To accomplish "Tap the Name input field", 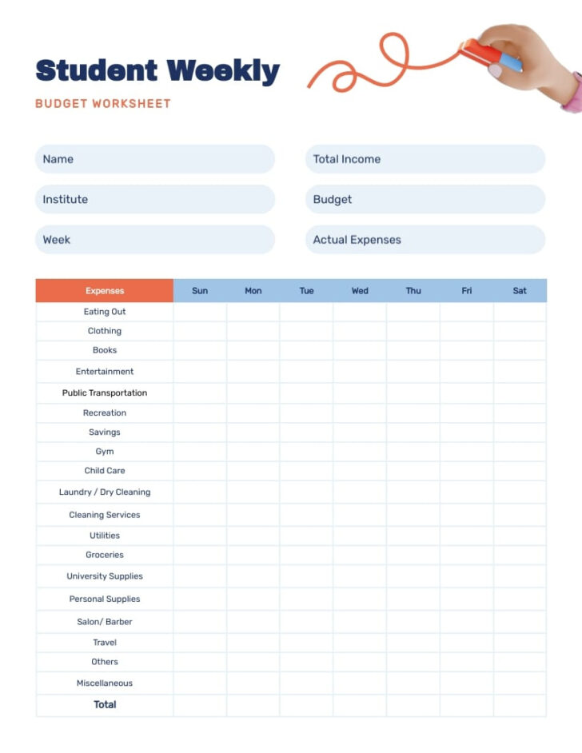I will [154, 159].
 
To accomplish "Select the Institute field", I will [154, 199].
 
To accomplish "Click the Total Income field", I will [425, 159].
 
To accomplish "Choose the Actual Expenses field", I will [425, 240].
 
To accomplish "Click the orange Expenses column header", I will [105, 291].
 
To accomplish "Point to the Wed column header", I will [360, 291].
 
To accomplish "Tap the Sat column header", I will [520, 291].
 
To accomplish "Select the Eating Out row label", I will [105, 312].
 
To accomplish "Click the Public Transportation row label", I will [105, 393].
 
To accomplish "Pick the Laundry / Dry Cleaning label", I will [105, 492].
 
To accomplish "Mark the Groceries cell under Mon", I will [253, 555].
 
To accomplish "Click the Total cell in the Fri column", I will [467, 705].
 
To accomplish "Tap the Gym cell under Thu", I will [413, 452].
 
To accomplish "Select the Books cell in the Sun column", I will [200, 350].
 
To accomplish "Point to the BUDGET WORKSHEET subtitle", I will [103, 104].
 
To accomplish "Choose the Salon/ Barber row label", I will [105, 622].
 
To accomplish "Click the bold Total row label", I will [105, 705].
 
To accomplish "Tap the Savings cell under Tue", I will [306, 432].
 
